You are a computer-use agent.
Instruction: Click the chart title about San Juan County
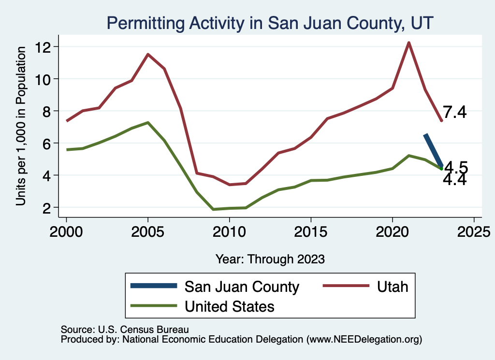270,23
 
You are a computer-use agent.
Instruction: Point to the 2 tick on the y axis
50,207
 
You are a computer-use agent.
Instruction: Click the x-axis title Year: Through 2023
270,259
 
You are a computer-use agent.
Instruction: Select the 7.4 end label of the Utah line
455,113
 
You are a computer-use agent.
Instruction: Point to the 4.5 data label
456,167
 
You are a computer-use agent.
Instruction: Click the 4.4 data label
455,180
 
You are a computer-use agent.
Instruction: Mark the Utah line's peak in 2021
408,43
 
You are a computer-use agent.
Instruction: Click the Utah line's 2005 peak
147,54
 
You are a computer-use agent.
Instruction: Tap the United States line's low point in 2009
213,209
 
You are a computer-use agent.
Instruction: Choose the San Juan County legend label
242,287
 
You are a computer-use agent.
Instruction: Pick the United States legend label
229,306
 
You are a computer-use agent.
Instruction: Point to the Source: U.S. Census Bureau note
125,330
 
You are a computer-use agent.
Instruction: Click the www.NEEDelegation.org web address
372,339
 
